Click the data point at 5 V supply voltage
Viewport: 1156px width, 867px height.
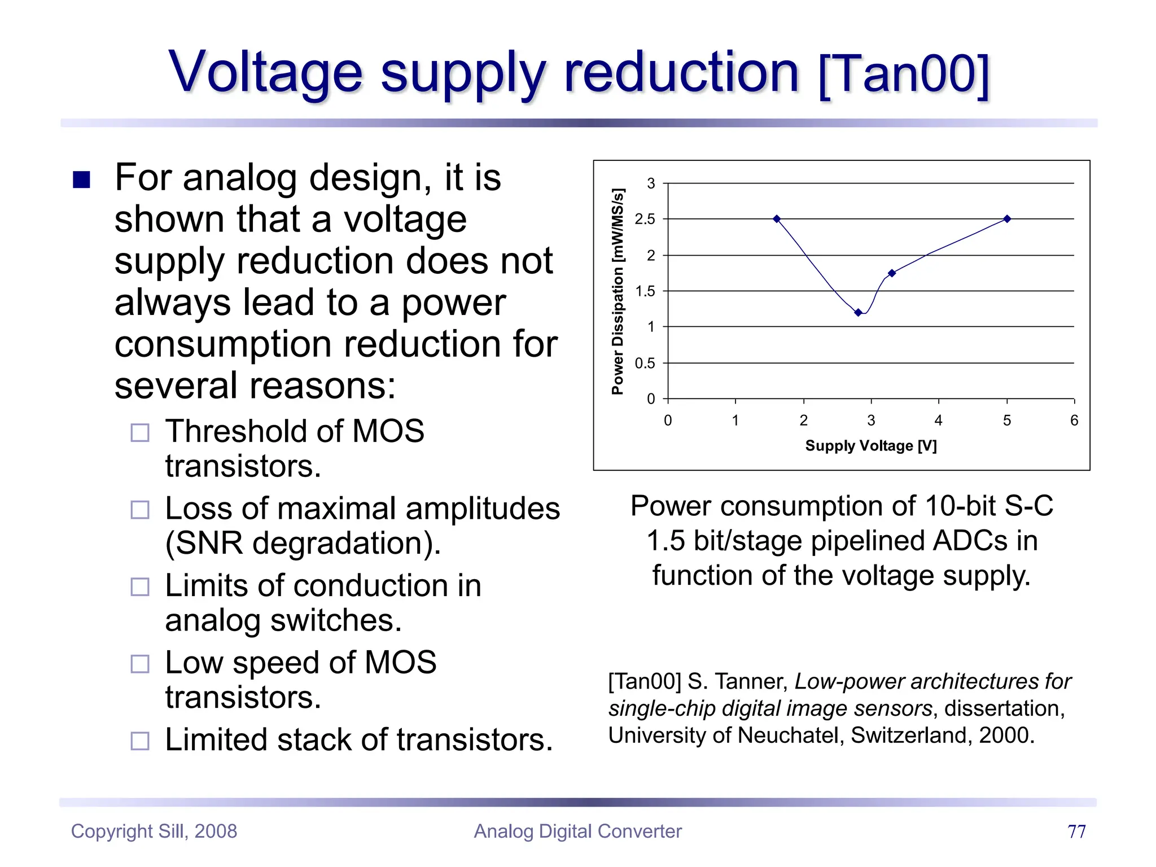pos(1007,219)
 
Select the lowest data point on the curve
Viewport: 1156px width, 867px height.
pos(858,313)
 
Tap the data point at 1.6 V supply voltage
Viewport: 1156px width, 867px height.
pos(777,219)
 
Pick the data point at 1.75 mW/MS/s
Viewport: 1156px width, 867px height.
pos(892,273)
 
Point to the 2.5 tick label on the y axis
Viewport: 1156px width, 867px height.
pos(645,220)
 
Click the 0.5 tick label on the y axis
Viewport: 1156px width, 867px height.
pos(645,364)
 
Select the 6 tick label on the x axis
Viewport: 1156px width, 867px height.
pos(1074,421)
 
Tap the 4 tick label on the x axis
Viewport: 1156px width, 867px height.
pos(938,421)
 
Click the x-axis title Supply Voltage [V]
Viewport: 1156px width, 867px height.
pos(871,446)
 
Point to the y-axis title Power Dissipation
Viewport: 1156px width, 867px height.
pos(618,291)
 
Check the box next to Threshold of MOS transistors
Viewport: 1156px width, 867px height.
pos(140,433)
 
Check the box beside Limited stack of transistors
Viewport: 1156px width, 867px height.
pos(140,741)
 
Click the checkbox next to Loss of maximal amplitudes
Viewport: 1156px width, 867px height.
pos(140,510)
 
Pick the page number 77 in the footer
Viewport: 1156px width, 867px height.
pos(1076,831)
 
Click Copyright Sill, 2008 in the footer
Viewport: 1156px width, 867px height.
pos(154,831)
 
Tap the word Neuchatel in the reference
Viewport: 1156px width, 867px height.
pos(790,735)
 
